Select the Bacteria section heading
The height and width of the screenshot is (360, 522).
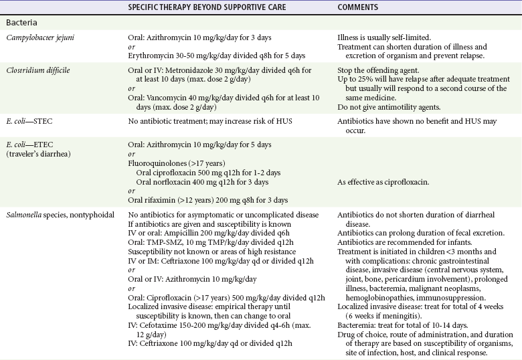(x=24, y=23)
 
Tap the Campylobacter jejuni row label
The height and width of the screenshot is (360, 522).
(x=39, y=37)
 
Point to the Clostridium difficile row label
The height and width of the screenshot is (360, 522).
(x=39, y=70)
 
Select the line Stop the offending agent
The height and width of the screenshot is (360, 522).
(x=379, y=70)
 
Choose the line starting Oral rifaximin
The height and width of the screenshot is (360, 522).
(x=207, y=200)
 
